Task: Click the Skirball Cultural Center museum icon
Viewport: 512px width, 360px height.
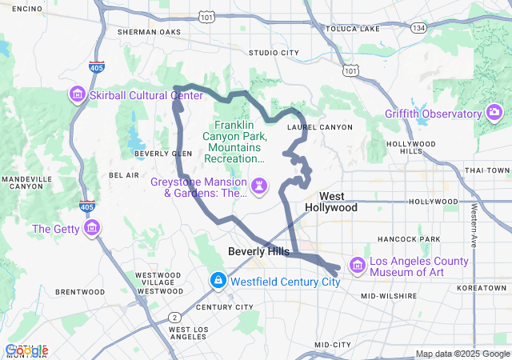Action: pyautogui.click(x=78, y=95)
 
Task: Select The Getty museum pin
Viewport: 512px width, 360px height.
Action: pyautogui.click(x=92, y=230)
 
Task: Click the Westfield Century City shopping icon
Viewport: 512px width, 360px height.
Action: pyautogui.click(x=218, y=282)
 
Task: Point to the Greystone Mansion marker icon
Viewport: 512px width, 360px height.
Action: pyautogui.click(x=259, y=187)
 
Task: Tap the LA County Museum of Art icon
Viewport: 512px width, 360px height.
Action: pyautogui.click(x=357, y=265)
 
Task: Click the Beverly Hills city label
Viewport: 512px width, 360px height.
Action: pyautogui.click(x=258, y=251)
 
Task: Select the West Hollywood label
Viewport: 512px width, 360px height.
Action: pyautogui.click(x=331, y=202)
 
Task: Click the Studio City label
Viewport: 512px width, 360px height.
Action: pyautogui.click(x=274, y=53)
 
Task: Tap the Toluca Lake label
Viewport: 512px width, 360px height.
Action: pyautogui.click(x=353, y=29)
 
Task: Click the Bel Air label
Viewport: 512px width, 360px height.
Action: pyautogui.click(x=124, y=174)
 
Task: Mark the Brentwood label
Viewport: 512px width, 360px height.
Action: pyautogui.click(x=79, y=292)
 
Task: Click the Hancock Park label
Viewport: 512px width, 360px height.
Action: pyautogui.click(x=409, y=239)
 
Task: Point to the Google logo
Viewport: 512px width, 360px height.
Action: pyautogui.click(x=26, y=350)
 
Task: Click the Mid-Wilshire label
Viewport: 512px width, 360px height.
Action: pyautogui.click(x=389, y=296)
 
